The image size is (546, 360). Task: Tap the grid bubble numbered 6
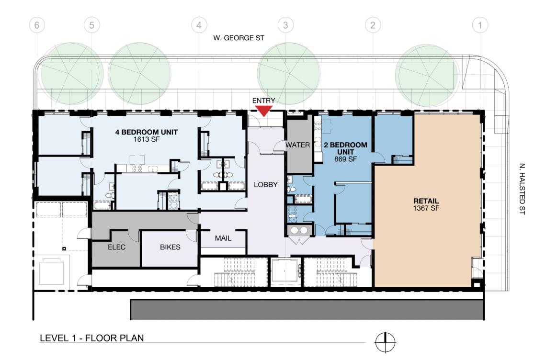coord(37,25)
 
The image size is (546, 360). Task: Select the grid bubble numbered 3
coord(285,25)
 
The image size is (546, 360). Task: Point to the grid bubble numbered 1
coord(480,25)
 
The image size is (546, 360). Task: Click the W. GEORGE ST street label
coord(239,38)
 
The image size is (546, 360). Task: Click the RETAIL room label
coord(426,201)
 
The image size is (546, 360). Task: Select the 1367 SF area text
coord(426,208)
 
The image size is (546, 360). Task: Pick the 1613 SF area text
coord(146,139)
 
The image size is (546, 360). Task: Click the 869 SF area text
coord(345,159)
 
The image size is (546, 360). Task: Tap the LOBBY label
coord(266,184)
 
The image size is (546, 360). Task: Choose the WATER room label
coord(298,145)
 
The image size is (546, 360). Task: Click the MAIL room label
coord(223,238)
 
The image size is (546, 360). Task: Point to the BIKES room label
coord(170,247)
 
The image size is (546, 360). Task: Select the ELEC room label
coord(117,247)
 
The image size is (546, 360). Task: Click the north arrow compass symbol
coord(385,342)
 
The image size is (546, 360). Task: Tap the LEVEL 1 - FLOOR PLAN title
coord(92,338)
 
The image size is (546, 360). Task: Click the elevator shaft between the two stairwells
coord(285,271)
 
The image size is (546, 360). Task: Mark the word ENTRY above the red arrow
coord(263,101)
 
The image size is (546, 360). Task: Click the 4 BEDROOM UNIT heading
coord(146,132)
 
